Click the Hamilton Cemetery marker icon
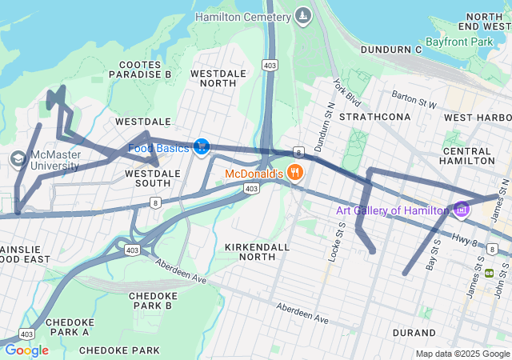(302, 16)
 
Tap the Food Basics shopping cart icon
(202, 147)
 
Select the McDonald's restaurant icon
(295, 173)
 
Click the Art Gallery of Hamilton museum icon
(461, 210)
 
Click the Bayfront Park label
(459, 41)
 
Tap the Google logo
(26, 350)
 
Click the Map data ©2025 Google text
(462, 354)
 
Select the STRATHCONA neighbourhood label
(374, 117)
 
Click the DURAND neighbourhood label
(414, 332)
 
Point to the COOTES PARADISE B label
(145, 69)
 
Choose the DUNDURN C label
(390, 50)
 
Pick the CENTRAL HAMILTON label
(466, 155)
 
